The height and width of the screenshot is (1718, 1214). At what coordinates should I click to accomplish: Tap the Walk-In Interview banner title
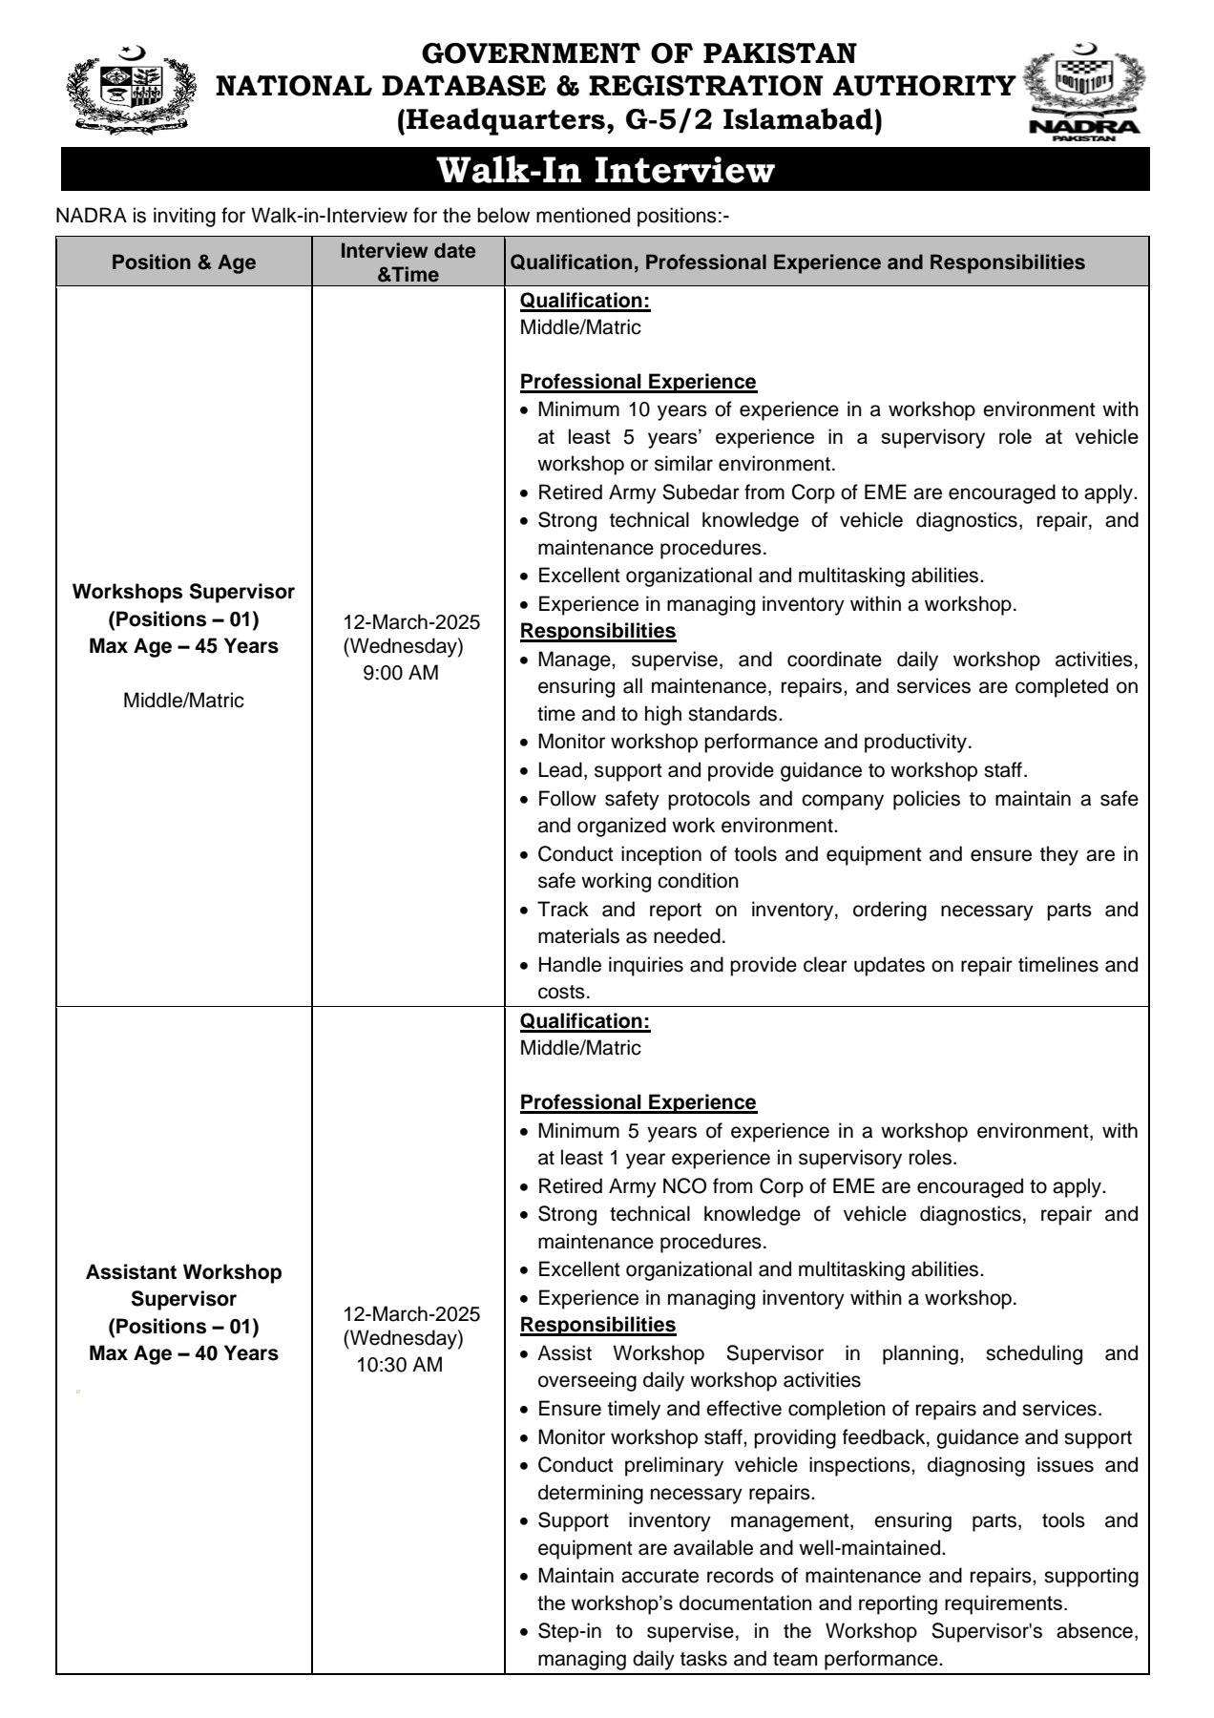pyautogui.click(x=605, y=171)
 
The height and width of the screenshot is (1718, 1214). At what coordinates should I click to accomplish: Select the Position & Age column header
pyautogui.click(x=183, y=262)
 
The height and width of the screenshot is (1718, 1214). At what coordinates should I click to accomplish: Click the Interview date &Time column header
pyautogui.click(x=408, y=262)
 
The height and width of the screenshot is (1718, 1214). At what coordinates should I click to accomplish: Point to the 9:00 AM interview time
pyautogui.click(x=401, y=673)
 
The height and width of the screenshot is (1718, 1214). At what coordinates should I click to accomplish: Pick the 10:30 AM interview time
pyautogui.click(x=400, y=1365)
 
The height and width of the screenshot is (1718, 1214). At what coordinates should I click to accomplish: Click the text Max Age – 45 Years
pyautogui.click(x=183, y=646)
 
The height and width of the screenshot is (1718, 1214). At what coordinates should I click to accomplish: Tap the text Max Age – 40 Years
pyautogui.click(x=183, y=1353)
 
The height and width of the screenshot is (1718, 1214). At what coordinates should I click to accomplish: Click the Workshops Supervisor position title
pyautogui.click(x=183, y=592)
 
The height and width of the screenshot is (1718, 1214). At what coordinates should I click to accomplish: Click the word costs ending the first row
pyautogui.click(x=564, y=992)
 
